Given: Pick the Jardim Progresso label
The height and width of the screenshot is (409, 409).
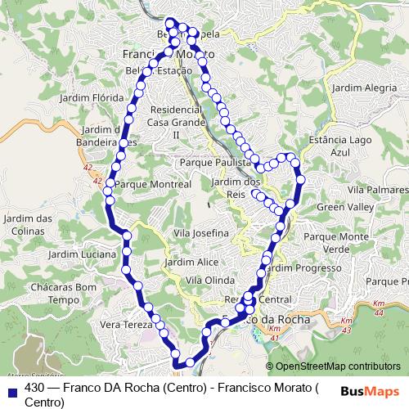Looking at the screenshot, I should [302, 267].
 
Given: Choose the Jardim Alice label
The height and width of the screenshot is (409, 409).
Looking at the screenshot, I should [191, 263].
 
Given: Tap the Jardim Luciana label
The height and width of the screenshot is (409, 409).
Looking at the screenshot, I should [82, 254].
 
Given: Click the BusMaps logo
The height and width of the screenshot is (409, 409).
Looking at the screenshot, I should [369, 391].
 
